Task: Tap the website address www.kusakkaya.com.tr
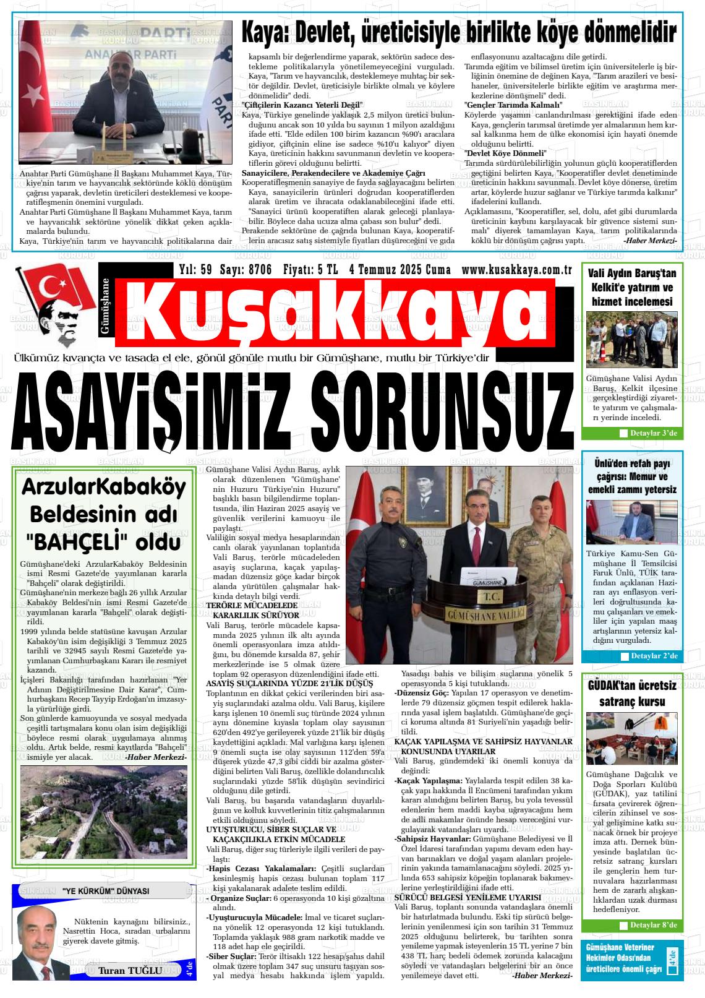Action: click(x=516, y=270)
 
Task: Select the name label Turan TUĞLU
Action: click(x=130, y=970)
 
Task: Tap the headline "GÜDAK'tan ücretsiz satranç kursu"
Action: click(x=631, y=694)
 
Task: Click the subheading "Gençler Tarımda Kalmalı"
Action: click(x=513, y=105)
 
